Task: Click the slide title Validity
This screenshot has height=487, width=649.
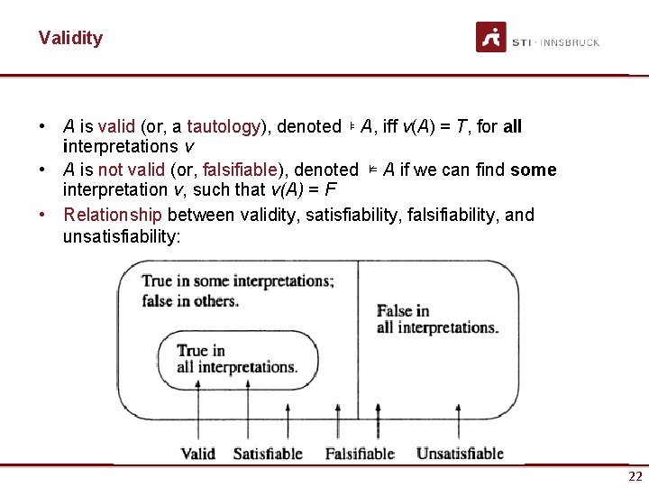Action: point(70,38)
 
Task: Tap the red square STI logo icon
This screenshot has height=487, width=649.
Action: point(491,38)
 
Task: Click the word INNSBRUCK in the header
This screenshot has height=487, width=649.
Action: point(569,42)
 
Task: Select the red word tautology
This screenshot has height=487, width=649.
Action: point(224,126)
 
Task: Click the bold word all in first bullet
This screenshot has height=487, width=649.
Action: point(512,126)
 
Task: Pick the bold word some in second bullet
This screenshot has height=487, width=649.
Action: point(534,170)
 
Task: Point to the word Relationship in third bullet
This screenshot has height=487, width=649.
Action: point(113,215)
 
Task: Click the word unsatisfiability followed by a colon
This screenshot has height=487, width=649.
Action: point(122,236)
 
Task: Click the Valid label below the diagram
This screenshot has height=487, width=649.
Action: point(197,453)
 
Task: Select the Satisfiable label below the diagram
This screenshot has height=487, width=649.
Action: point(268,453)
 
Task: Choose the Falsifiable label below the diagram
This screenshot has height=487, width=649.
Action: point(360,453)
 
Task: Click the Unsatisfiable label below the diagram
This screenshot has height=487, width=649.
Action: point(460,453)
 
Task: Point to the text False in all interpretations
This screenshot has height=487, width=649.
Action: point(436,319)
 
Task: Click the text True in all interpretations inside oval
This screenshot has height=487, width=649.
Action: point(236,358)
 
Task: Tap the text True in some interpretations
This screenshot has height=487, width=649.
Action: point(237,289)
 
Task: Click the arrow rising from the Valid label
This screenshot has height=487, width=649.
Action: point(197,410)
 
